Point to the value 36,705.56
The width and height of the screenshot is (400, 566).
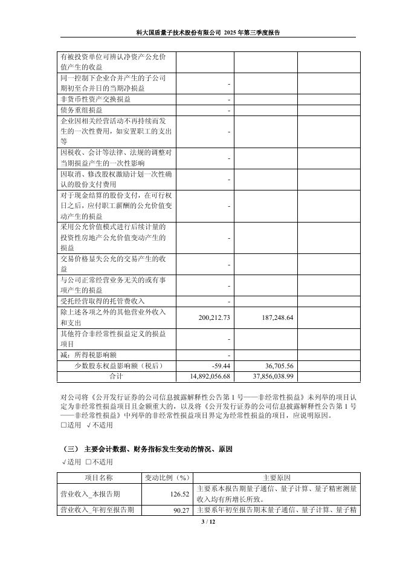[x=275, y=366]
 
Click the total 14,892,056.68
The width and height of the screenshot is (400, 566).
[x=207, y=376]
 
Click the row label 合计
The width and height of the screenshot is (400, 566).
[x=115, y=376]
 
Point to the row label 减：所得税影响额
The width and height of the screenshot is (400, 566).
[x=89, y=355]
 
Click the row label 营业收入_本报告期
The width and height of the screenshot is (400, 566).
[x=91, y=494]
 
